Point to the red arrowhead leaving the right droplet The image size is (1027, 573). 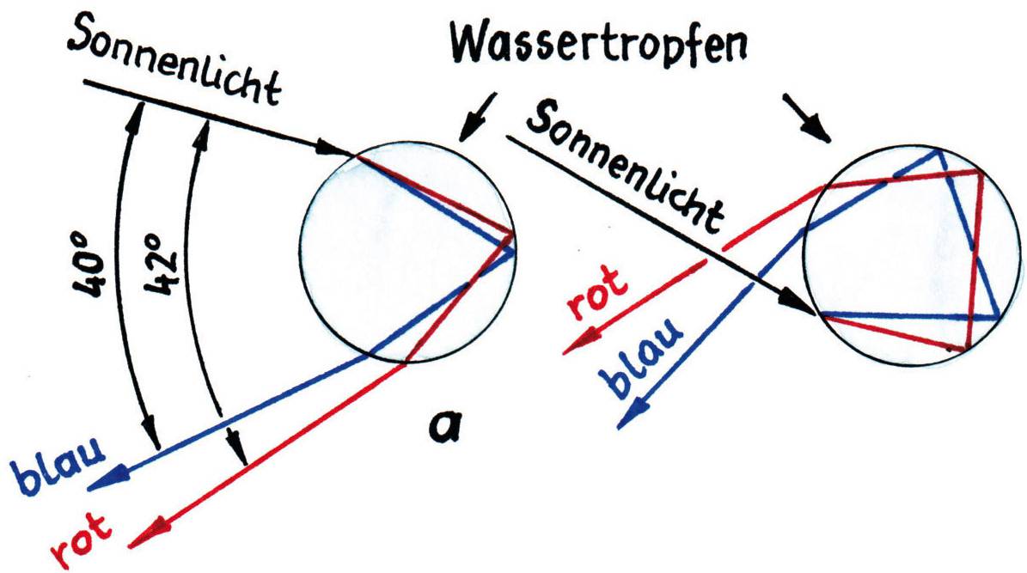click(576, 344)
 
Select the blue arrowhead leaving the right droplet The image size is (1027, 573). click(632, 416)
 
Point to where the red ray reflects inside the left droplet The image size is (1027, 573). click(511, 234)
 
